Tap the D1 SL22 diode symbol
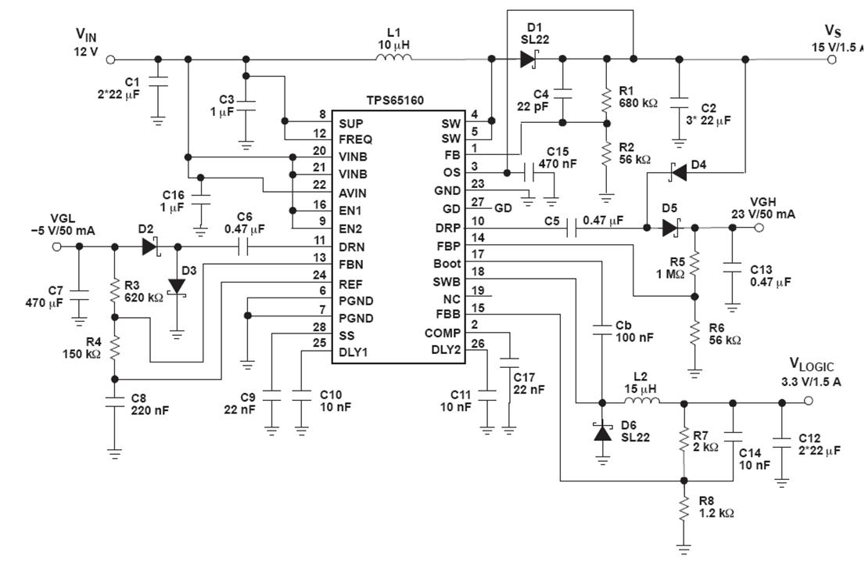pos(527,59)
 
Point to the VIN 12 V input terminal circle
pos(110,59)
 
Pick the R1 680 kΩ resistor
pos(605,99)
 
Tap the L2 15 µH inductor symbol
pos(641,402)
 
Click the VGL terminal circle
pos(56,246)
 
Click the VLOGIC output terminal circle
pos(808,402)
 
